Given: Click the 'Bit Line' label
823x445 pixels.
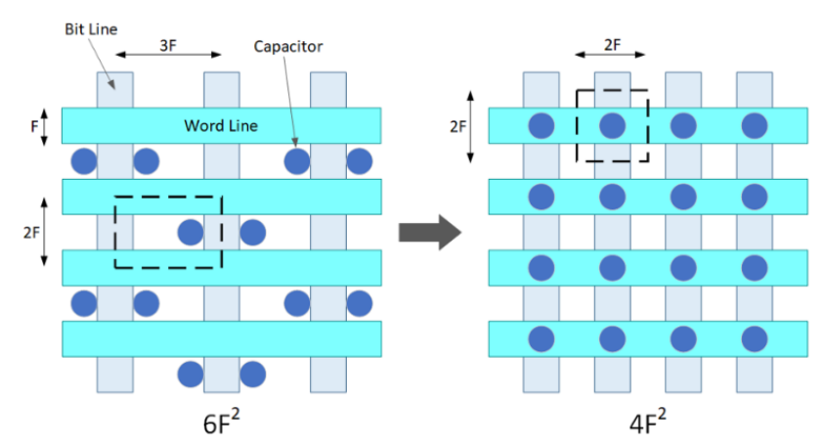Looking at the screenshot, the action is tap(91, 29).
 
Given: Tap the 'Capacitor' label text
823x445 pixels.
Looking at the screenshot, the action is tap(288, 47).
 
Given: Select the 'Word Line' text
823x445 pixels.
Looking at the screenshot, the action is tap(221, 125).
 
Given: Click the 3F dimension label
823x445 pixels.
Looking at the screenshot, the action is tap(168, 46).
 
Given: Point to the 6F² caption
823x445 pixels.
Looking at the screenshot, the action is tap(221, 422).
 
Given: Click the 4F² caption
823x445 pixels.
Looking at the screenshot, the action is tap(648, 422).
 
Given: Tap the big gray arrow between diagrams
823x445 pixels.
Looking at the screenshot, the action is tap(430, 232).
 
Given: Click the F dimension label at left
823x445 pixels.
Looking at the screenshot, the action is tap(34, 126).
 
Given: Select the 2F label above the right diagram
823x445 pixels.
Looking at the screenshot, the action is tap(612, 45).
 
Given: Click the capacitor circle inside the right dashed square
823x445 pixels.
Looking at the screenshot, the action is tap(612, 126).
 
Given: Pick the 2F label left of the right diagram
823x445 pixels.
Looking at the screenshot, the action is tap(457, 126).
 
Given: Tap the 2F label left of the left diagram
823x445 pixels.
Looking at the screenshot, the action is tap(31, 232).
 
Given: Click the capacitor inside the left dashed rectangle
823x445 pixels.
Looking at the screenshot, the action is tap(191, 232).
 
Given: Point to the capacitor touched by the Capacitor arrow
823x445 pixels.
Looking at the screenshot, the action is tap(297, 161).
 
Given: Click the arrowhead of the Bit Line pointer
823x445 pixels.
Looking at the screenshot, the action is tap(111, 85).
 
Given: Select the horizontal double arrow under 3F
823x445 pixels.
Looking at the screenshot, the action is tap(168, 54).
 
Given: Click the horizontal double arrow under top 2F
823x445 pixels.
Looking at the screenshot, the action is tap(611, 54).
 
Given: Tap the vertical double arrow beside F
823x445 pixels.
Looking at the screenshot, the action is tap(44, 126).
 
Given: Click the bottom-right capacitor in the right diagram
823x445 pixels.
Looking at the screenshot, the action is tap(755, 338).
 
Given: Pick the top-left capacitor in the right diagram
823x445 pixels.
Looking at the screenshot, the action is tap(541, 126).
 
